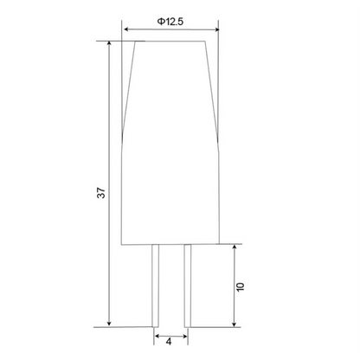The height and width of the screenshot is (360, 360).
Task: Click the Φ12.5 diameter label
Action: click(x=170, y=22)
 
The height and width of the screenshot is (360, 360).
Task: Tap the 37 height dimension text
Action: click(x=101, y=193)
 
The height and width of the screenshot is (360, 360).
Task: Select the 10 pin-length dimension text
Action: click(x=240, y=286)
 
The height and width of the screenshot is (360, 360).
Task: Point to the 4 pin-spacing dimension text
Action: click(x=169, y=342)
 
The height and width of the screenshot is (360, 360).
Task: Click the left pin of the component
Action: click(x=155, y=286)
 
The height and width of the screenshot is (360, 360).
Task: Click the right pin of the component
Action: click(x=188, y=286)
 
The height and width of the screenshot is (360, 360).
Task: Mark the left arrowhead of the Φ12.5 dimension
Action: click(x=126, y=29)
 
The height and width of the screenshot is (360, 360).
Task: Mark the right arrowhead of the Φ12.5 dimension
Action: click(x=216, y=29)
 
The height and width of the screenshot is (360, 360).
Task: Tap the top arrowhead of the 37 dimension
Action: click(x=109, y=44)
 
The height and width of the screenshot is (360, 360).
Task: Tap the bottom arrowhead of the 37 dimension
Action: click(x=109, y=324)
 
